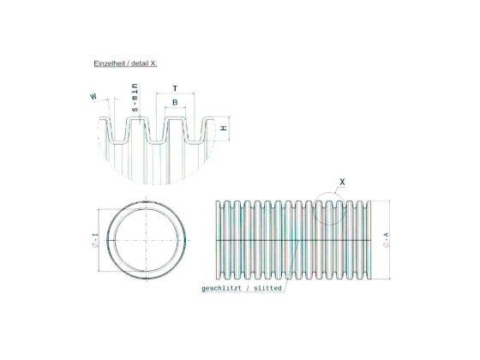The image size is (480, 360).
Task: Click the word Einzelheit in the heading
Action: [x=108, y=64]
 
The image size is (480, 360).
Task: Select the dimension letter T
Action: [x=175, y=89]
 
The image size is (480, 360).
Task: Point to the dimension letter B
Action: [x=175, y=103]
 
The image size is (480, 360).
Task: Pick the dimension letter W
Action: [x=93, y=98]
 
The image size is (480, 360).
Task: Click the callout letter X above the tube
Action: [x=343, y=182]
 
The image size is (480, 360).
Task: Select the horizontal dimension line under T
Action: [x=175, y=97]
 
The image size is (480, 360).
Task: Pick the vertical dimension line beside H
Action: [x=216, y=128]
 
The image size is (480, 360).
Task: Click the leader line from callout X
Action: [x=334, y=191]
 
